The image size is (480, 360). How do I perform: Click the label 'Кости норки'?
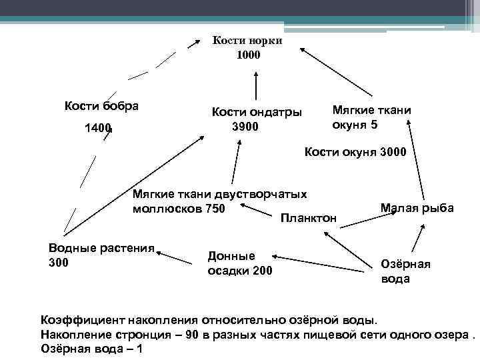(x=247, y=41)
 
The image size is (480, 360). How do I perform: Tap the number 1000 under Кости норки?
(x=248, y=55)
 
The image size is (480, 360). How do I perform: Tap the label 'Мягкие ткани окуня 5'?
(x=371, y=117)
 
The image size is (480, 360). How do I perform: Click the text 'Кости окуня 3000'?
(x=355, y=152)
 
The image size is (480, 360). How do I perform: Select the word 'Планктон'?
(x=309, y=218)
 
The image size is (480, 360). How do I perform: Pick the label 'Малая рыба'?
(x=417, y=208)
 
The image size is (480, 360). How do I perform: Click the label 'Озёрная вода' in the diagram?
(x=405, y=271)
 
